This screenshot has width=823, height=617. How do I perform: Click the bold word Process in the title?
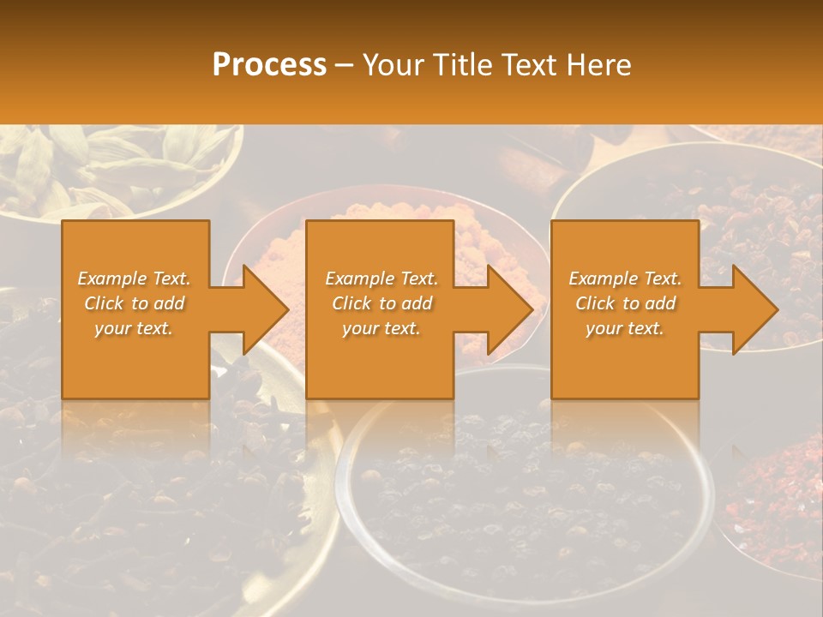[x=269, y=65]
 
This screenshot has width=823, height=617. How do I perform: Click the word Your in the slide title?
[x=393, y=65]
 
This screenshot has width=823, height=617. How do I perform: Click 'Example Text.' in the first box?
[x=135, y=279]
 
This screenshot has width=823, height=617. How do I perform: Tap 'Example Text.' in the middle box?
[x=381, y=279]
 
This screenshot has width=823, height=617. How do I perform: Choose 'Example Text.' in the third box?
[x=625, y=279]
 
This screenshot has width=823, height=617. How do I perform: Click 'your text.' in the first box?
[x=134, y=328]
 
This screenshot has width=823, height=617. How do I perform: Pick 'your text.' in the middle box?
[x=381, y=328]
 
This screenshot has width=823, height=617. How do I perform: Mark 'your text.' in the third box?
[x=625, y=328]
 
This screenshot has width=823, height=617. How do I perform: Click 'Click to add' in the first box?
[x=135, y=303]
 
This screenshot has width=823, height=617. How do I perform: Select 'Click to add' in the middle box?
[x=381, y=303]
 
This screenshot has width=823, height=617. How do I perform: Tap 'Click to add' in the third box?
[x=625, y=303]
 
